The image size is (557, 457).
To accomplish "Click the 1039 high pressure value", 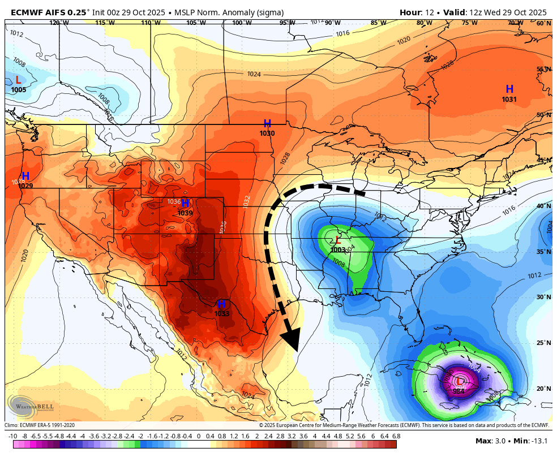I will [185, 213].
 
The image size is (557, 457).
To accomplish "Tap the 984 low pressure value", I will [459, 391].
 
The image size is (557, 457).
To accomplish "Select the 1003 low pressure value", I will [338, 249].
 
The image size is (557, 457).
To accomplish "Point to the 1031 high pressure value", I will [509, 100].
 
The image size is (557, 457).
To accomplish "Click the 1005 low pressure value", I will [18, 90].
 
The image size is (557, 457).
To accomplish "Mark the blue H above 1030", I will [267, 124].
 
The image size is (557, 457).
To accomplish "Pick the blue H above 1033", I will [222, 304].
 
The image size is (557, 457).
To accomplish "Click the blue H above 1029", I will [25, 176].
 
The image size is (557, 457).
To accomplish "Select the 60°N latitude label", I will [543, 23].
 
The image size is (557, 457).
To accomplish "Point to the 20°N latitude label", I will [543, 389].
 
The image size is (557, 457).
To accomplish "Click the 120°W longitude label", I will [59, 23].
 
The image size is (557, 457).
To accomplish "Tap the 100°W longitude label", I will [242, 23].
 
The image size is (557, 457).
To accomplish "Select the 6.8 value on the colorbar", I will [396, 437].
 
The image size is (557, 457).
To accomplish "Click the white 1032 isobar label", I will [246, 201].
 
